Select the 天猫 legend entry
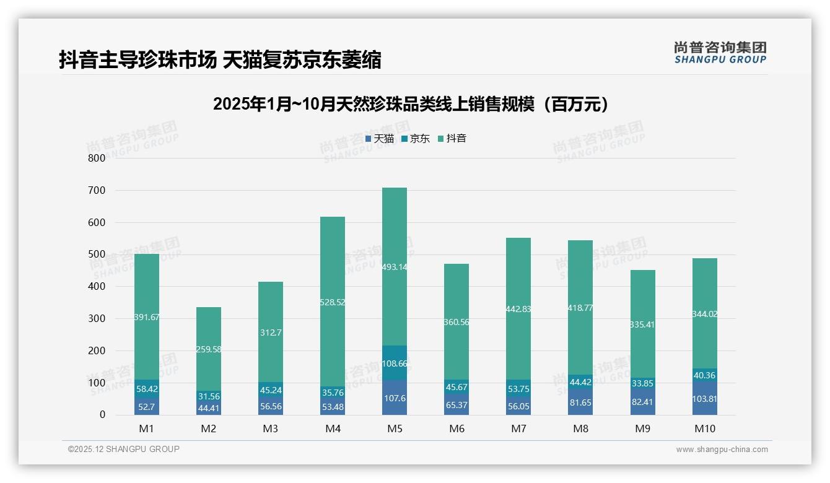tap(380, 139)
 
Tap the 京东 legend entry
tap(416, 139)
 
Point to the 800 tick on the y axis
tap(97, 158)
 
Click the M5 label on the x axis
tap(395, 429)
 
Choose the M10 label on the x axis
tap(704, 429)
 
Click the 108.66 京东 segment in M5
tap(395, 363)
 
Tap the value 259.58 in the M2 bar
tap(209, 349)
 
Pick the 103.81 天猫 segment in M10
tap(704, 399)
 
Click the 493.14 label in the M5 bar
tap(395, 267)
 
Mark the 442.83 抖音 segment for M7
tap(518, 309)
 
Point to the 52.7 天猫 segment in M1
tap(147, 406)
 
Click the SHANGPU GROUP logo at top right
tap(720, 53)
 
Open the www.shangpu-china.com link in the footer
tap(722, 450)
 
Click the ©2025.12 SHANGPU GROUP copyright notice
tap(124, 449)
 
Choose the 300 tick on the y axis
tap(97, 318)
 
